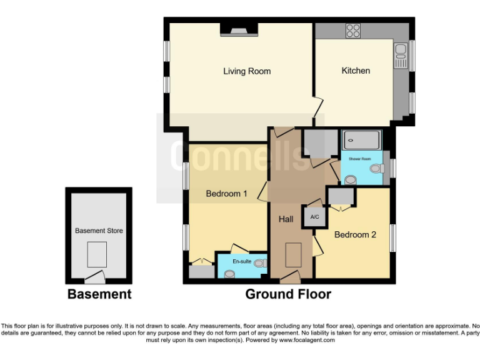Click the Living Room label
click(x=247, y=71)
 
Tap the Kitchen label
click(x=356, y=71)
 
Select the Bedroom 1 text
click(x=226, y=194)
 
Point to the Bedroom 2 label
click(x=355, y=235)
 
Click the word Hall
click(x=286, y=219)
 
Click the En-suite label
click(x=242, y=261)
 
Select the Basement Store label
click(x=99, y=231)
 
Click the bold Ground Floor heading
click(x=288, y=294)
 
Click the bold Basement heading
click(x=99, y=294)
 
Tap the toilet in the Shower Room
click(x=376, y=168)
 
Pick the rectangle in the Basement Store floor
click(x=97, y=254)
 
